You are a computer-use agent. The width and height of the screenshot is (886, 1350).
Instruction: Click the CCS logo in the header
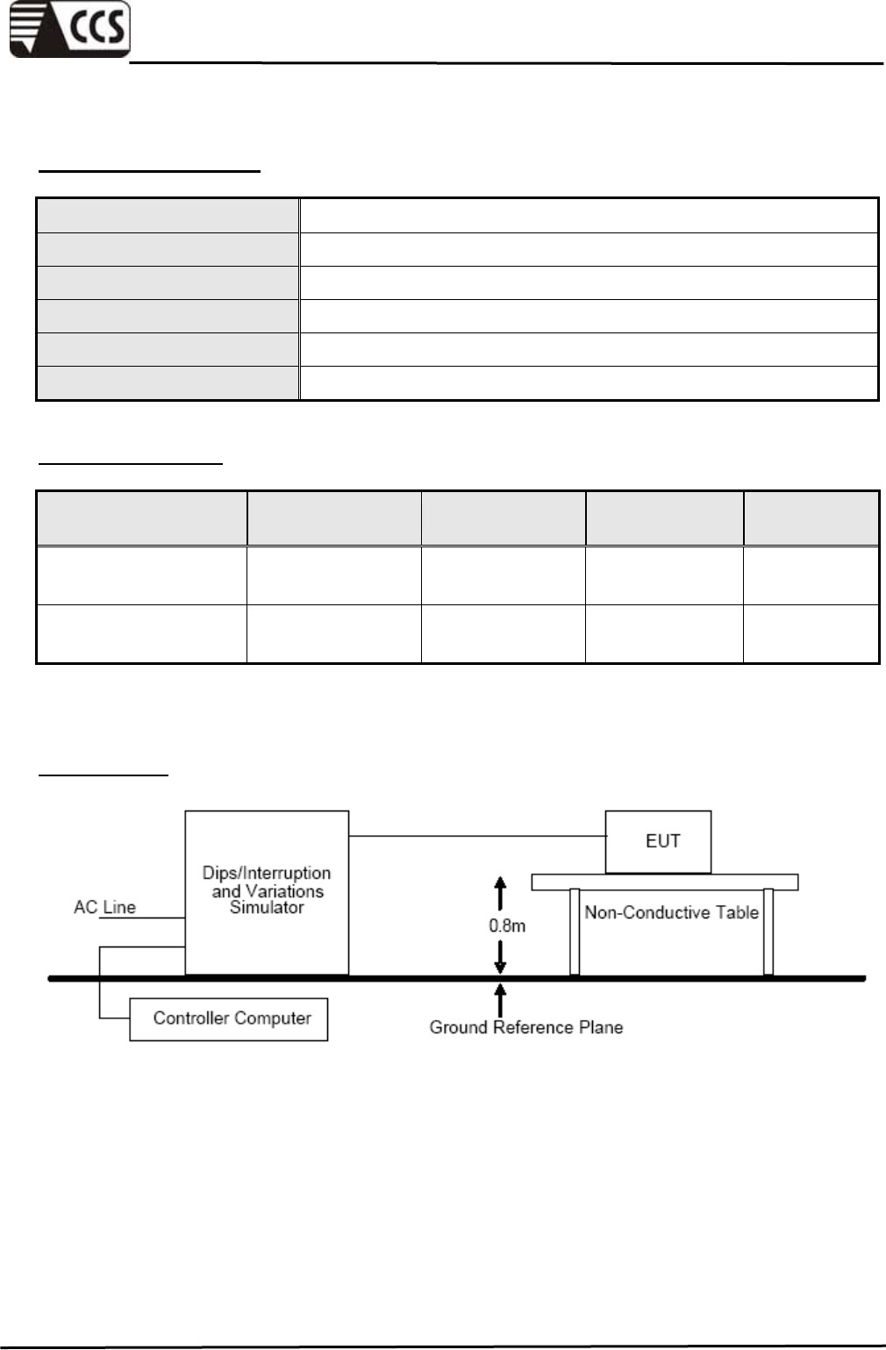70,30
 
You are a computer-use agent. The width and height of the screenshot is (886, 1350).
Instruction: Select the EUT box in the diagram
658,841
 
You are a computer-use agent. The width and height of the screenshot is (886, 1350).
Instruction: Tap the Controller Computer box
228,1018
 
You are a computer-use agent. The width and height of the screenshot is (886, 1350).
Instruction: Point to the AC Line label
104,907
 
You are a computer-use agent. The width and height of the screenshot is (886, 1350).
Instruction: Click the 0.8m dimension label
507,925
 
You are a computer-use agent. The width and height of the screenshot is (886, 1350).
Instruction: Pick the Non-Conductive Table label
671,912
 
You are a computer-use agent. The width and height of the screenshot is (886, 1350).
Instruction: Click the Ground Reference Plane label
525,1027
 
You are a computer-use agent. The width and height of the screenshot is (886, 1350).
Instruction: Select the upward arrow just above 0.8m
500,893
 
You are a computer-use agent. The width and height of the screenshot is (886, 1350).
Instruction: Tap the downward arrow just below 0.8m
500,956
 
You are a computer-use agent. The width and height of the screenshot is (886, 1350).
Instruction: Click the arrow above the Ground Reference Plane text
500,1000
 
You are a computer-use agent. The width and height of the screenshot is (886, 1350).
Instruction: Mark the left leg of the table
575,932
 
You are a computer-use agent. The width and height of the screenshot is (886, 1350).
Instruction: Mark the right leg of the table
768,932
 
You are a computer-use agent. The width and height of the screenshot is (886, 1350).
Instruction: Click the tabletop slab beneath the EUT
665,882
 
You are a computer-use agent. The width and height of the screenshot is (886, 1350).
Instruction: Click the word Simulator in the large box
267,908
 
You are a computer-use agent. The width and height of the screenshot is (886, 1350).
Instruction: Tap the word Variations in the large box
284,891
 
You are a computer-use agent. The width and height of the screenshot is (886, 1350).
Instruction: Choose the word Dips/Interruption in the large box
267,873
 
